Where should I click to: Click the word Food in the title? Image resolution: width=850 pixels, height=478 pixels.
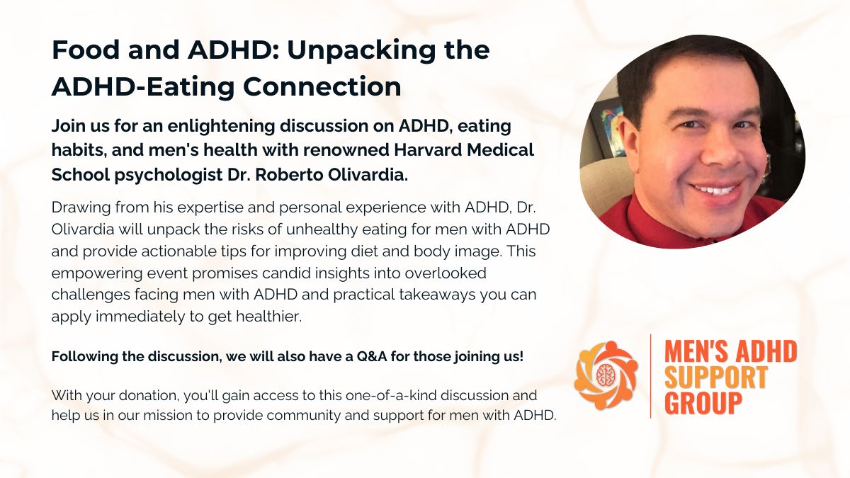(x=86, y=50)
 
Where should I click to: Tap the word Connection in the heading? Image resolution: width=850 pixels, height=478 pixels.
(x=322, y=86)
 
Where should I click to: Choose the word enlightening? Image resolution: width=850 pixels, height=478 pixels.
(x=220, y=127)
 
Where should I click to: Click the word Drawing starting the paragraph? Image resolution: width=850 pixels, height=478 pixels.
(x=81, y=208)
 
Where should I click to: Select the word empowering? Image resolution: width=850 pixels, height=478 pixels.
(x=97, y=274)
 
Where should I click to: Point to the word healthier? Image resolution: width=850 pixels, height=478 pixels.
(x=269, y=317)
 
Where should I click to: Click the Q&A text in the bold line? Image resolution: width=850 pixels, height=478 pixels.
(x=372, y=357)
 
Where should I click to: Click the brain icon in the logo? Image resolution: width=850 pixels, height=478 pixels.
(x=605, y=375)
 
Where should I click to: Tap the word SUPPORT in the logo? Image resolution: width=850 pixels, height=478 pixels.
(x=716, y=377)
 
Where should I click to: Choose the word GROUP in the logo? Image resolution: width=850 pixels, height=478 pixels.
(x=703, y=402)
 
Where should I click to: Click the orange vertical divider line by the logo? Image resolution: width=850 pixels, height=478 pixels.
(x=651, y=376)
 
